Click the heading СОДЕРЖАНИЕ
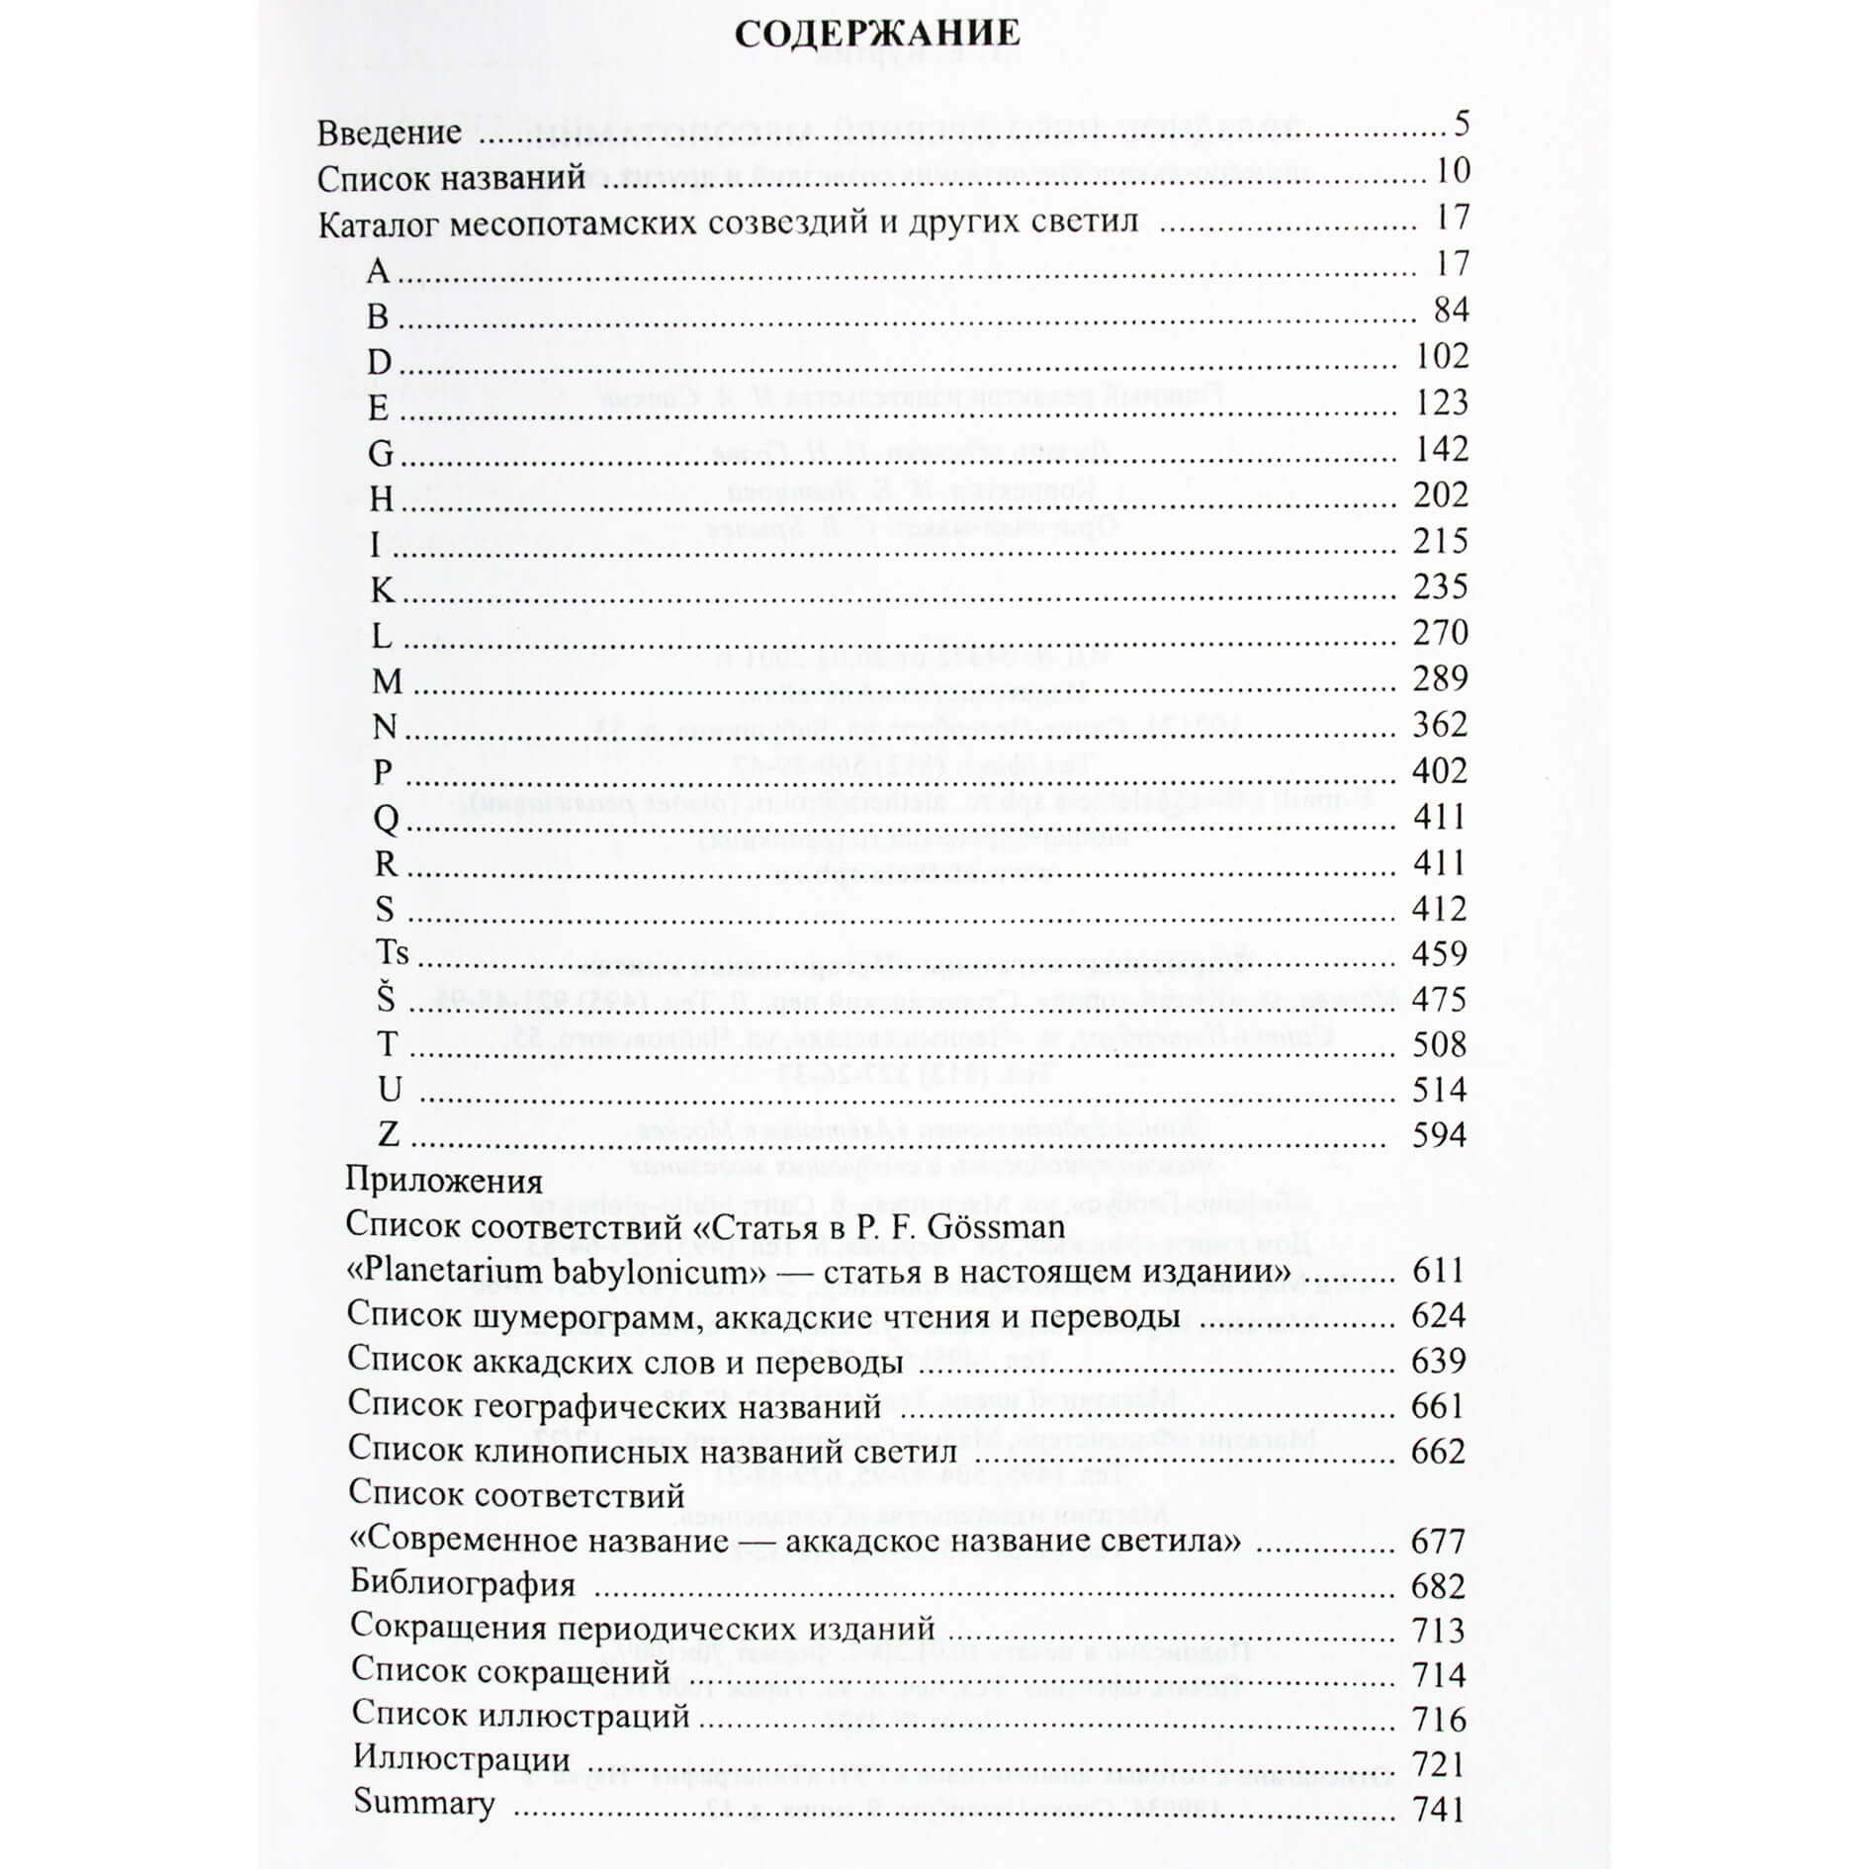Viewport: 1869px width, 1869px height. pyautogui.click(x=877, y=34)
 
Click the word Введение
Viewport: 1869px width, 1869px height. pyautogui.click(x=390, y=133)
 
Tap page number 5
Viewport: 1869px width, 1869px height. pyautogui.click(x=1463, y=124)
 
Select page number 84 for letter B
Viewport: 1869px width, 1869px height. pyautogui.click(x=1451, y=311)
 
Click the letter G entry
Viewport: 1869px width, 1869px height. pyautogui.click(x=381, y=454)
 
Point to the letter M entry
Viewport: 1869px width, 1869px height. pyautogui.click(x=387, y=681)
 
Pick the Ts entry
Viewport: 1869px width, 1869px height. pyautogui.click(x=393, y=953)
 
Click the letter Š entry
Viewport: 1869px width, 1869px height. pyautogui.click(x=385, y=999)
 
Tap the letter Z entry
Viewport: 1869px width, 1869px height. pyautogui.click(x=389, y=1134)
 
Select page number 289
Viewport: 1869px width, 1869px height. pyautogui.click(x=1440, y=679)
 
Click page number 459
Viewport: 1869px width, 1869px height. pyautogui.click(x=1439, y=954)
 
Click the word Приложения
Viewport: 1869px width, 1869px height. pyautogui.click(x=444, y=1182)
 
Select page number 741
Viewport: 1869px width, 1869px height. pyautogui.click(x=1439, y=1809)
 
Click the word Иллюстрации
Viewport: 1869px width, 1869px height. pyautogui.click(x=461, y=1759)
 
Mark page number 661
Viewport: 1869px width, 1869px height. pyautogui.click(x=1439, y=1406)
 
